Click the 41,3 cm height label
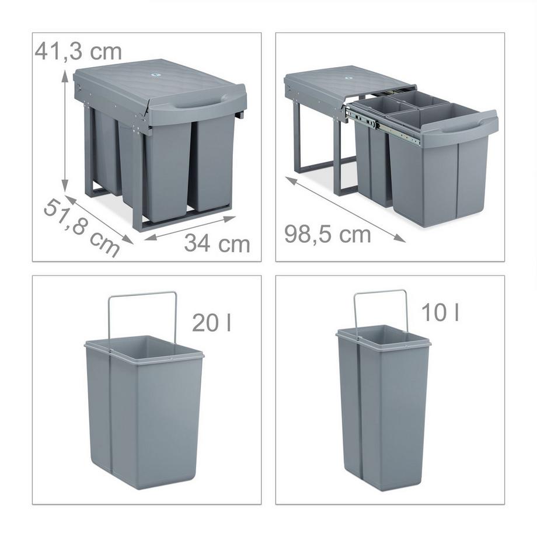[x=78, y=51]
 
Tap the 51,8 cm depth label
[x=82, y=227]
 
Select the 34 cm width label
[x=217, y=243]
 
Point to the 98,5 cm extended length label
[x=327, y=234]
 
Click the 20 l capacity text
[x=211, y=322]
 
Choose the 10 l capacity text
[x=440, y=313]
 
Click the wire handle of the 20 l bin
[x=142, y=294]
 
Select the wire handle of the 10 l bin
[x=381, y=292]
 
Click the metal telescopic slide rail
[x=382, y=125]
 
